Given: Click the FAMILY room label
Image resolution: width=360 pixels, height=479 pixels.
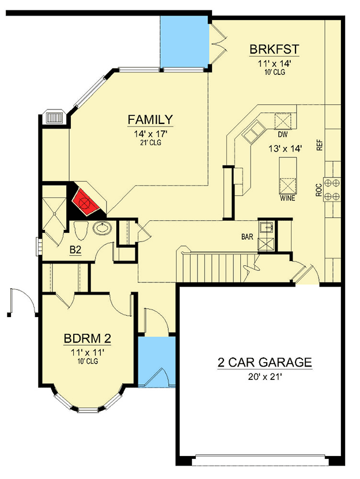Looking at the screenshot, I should [x=150, y=120].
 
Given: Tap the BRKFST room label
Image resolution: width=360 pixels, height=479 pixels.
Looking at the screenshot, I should [x=273, y=50].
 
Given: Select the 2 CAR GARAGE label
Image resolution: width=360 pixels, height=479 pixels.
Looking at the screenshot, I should [x=264, y=363].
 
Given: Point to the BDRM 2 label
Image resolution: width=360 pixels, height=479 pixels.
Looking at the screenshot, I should [x=87, y=338].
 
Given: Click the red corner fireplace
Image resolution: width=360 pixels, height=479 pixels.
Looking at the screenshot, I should [x=85, y=202].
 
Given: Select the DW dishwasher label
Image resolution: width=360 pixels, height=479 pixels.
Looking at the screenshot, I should [x=282, y=134].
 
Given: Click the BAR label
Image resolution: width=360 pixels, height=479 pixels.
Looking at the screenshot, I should [x=248, y=236].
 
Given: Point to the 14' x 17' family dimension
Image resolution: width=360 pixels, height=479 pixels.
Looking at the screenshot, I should [x=150, y=134].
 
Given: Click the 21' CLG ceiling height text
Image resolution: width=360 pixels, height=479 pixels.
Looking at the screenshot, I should [x=150, y=143].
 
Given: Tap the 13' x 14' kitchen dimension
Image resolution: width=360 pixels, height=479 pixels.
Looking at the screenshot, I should [x=284, y=149].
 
